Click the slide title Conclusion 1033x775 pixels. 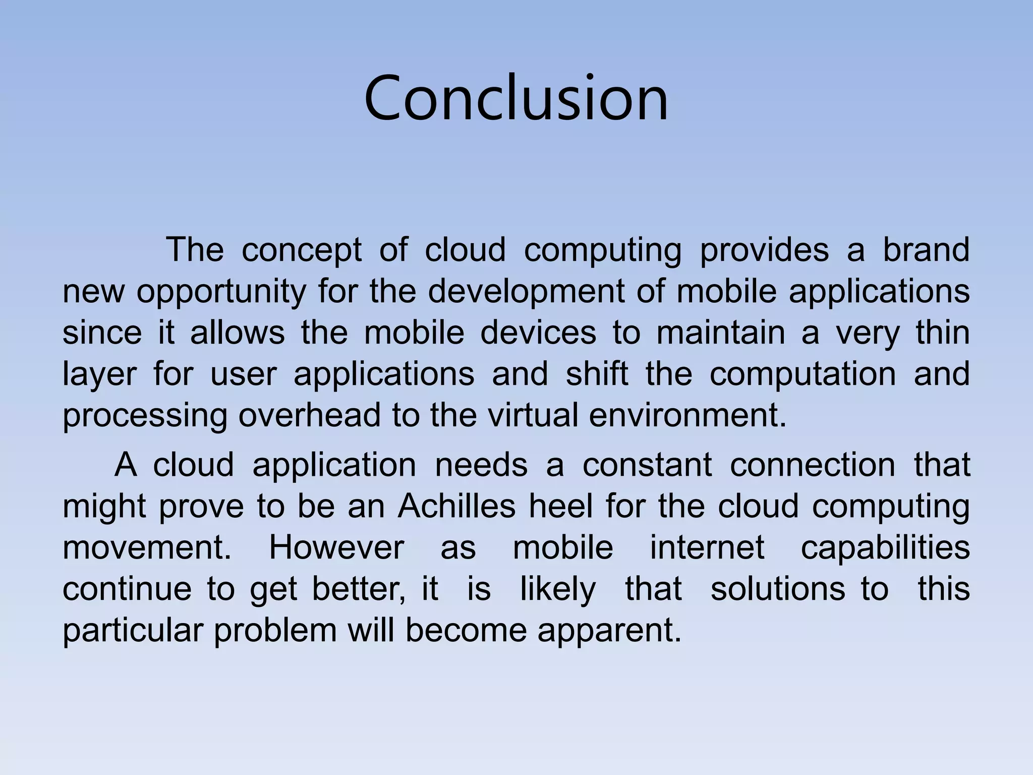(x=516, y=98)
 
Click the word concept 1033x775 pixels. (x=301, y=250)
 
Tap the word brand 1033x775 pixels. (x=926, y=249)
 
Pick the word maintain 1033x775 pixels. (x=720, y=333)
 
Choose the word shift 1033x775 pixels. (x=597, y=374)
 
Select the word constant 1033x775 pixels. (x=647, y=465)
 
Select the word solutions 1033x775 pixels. (x=777, y=589)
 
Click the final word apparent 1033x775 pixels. (x=609, y=631)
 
